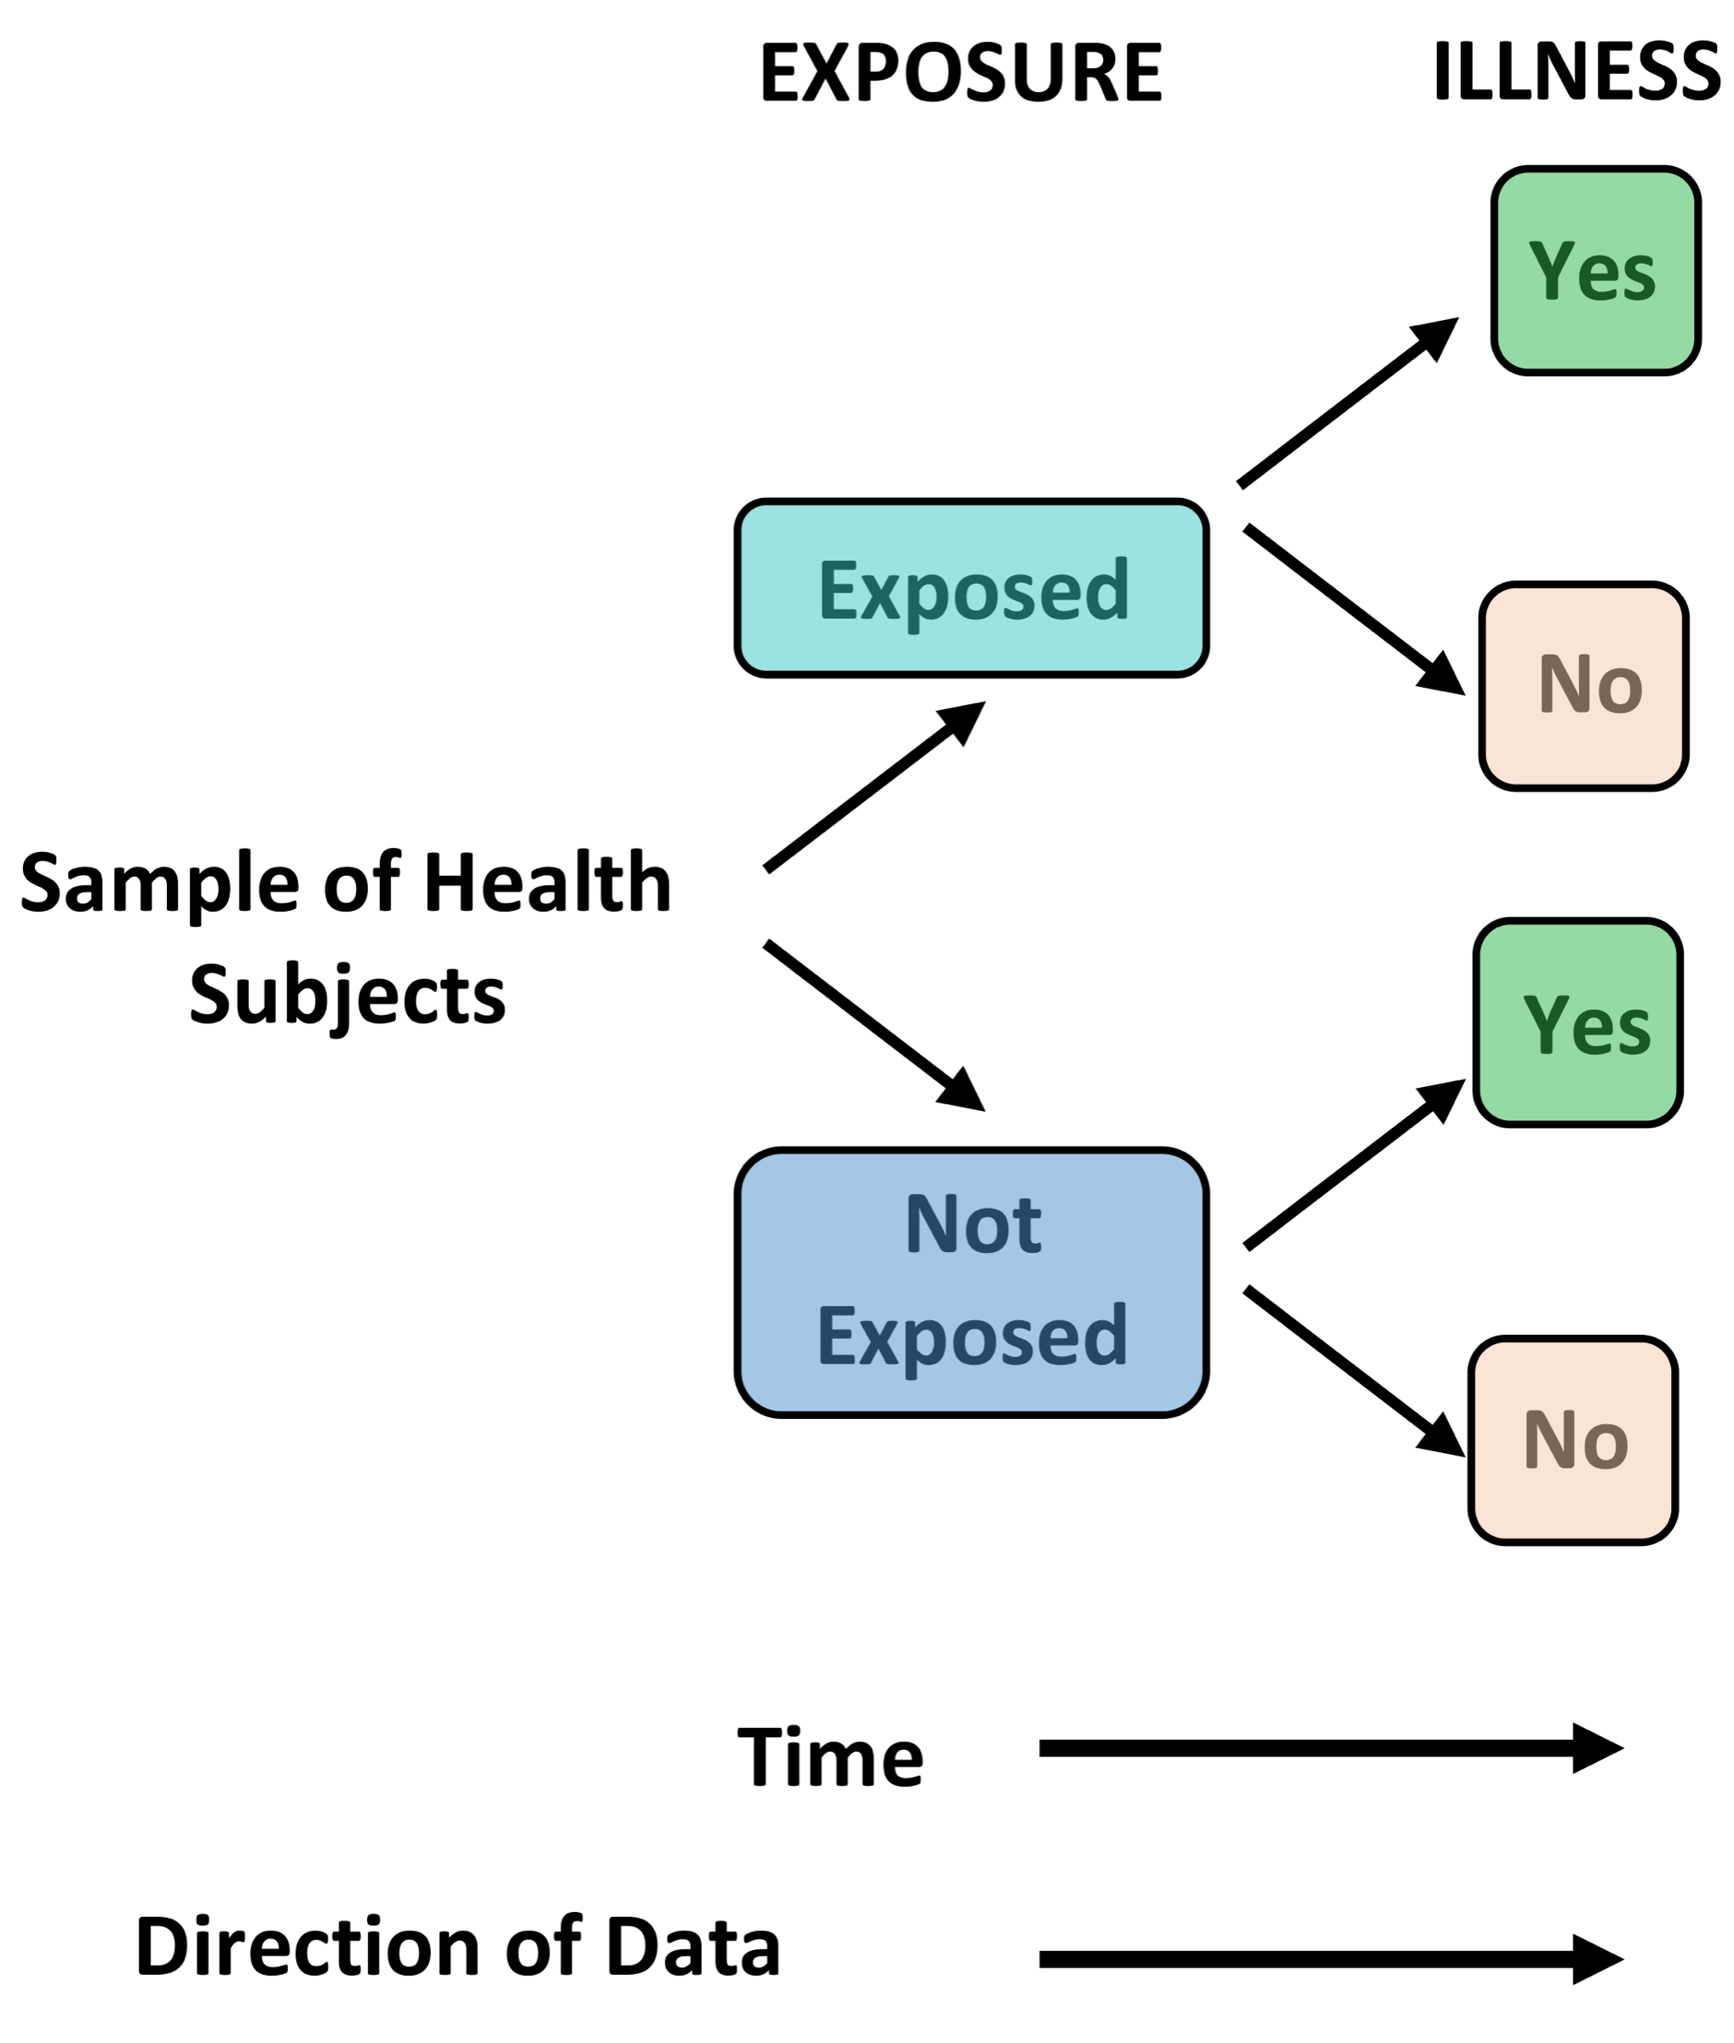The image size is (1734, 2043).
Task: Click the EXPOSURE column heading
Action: coord(961,72)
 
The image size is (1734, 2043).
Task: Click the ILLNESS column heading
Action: coord(1576,72)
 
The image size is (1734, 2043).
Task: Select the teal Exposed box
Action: coord(971,588)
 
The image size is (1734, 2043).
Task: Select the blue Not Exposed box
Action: coord(971,1281)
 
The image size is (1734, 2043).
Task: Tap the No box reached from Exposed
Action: coord(1582,686)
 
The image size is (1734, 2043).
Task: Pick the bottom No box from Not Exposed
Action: coord(1572,1440)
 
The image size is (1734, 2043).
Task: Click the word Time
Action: coord(830,1758)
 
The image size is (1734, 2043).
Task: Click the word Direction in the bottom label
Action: coord(307,1948)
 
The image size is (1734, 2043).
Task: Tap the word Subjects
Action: coord(347,995)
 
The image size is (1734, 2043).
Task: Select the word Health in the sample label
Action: coord(547,883)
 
